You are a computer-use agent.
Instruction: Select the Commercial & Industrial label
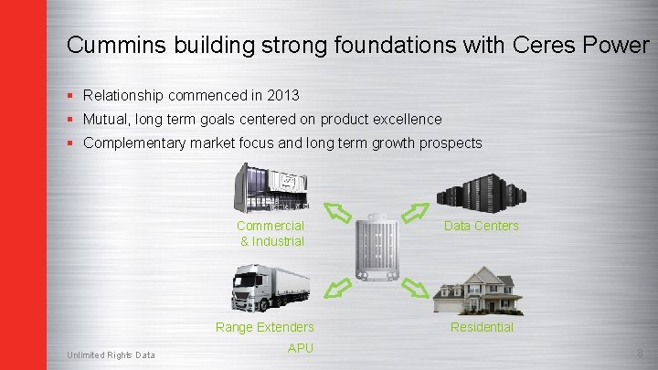coord(271,233)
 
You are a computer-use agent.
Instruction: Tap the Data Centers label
coord(481,226)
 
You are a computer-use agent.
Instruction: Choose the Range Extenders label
coord(265,327)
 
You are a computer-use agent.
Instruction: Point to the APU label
coord(300,347)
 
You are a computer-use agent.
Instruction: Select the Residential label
coord(482,327)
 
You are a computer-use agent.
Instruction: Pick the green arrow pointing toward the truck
coord(338,289)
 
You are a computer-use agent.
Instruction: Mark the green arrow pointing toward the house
coord(416,289)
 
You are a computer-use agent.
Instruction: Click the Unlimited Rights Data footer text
coord(111,355)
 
